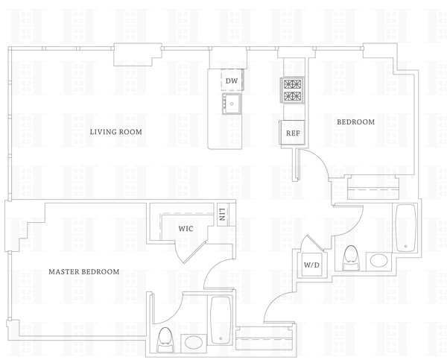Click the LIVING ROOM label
(x=115, y=132)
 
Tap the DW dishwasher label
(x=232, y=80)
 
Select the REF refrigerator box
(x=293, y=133)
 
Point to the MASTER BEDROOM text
(x=83, y=272)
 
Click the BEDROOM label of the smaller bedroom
(x=355, y=121)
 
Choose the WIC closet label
(x=186, y=229)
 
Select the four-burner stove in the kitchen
(x=293, y=91)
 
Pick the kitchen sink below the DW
(x=232, y=104)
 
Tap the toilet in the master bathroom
(x=165, y=339)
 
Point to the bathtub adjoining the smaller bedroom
(x=405, y=227)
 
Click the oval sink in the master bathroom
(x=195, y=343)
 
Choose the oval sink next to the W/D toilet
(x=379, y=262)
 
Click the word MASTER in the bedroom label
(x=64, y=272)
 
